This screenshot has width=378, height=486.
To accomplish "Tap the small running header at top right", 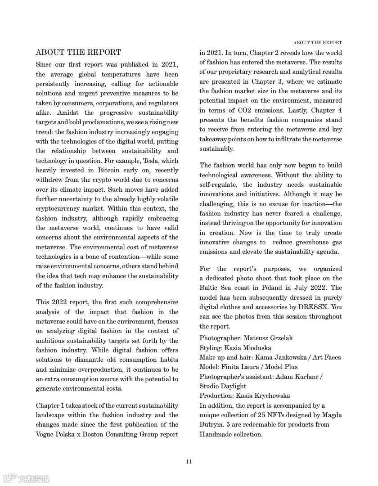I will click(x=317, y=43).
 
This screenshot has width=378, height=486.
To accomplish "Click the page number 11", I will click(x=189, y=461).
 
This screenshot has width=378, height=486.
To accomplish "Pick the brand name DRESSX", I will click(x=316, y=307).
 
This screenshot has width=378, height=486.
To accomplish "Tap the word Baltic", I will click(x=210, y=288).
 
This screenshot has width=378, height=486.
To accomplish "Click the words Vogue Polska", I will click(x=57, y=434).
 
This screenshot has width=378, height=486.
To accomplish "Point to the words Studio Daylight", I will click(x=223, y=386).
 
